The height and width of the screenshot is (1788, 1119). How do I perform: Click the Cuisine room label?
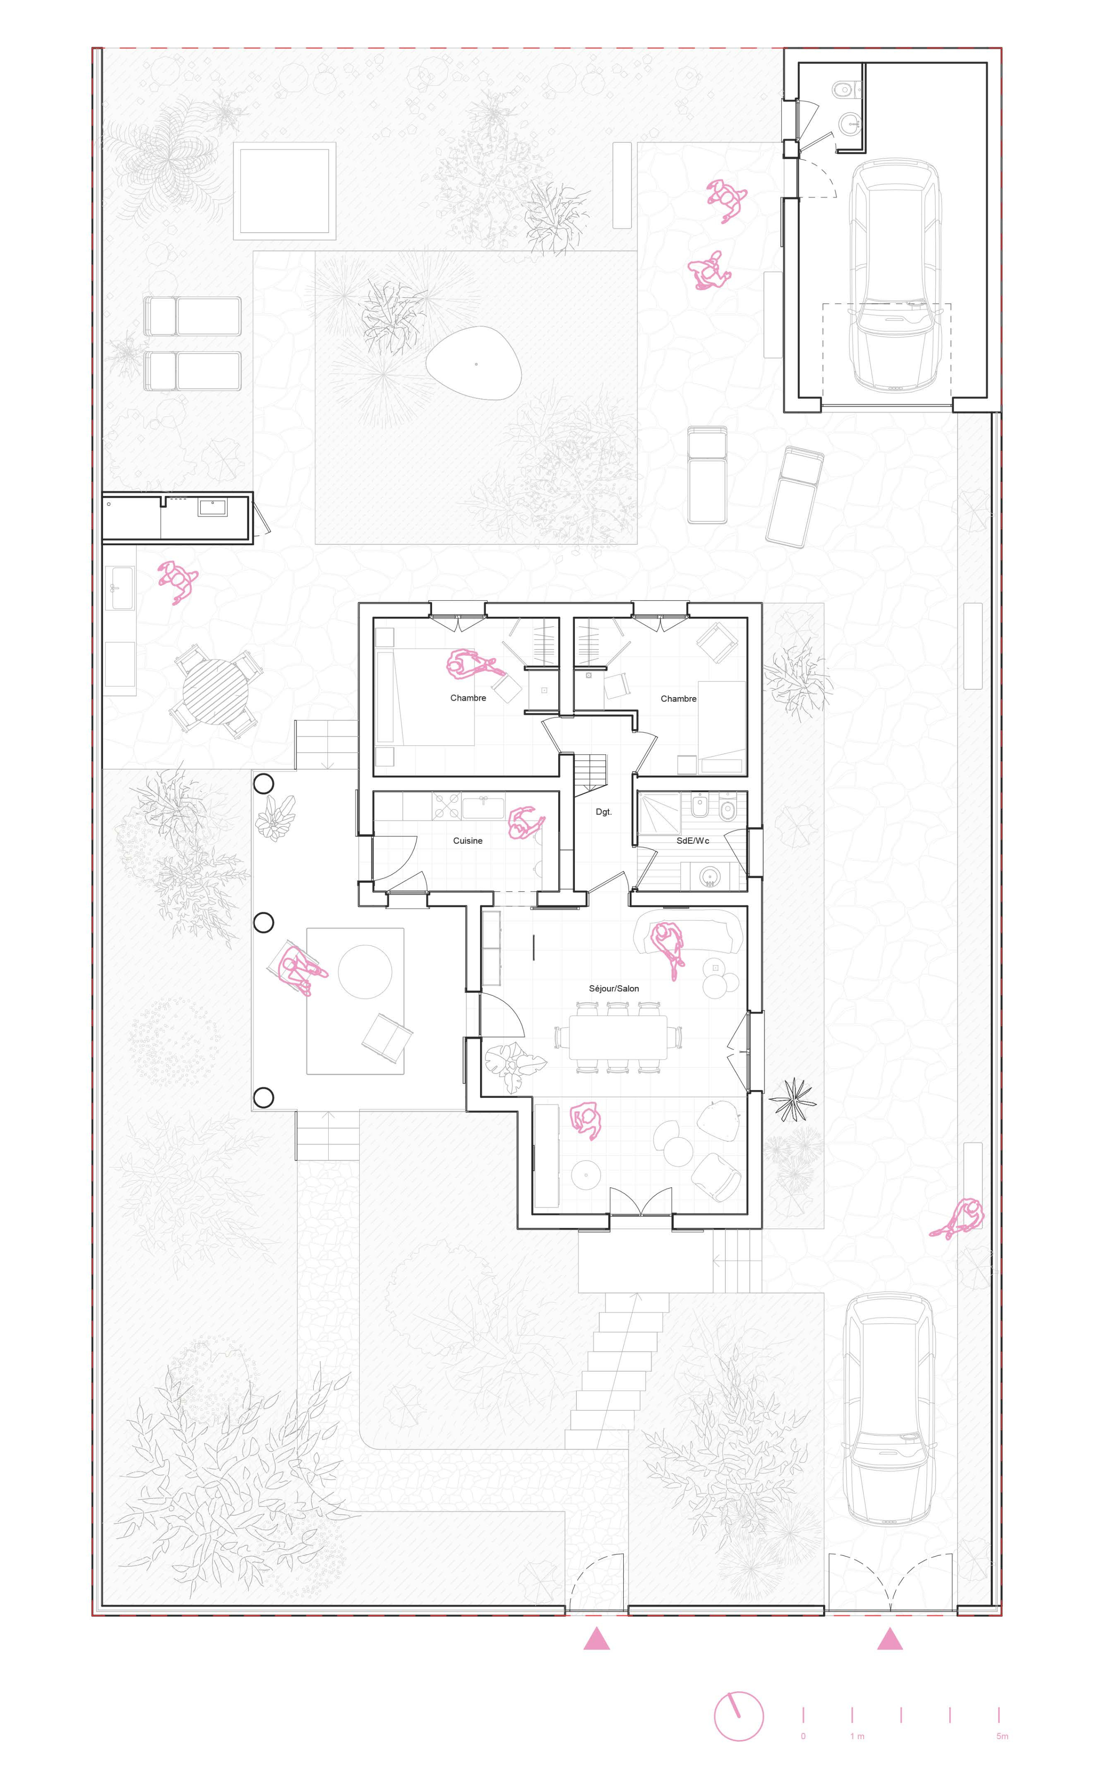click(x=468, y=841)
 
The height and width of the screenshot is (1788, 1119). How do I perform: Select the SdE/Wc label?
click(x=693, y=841)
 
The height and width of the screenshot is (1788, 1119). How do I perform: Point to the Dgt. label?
click(x=604, y=812)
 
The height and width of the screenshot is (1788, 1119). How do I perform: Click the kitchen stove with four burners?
click(x=447, y=806)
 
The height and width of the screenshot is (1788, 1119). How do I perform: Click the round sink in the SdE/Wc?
click(x=710, y=876)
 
